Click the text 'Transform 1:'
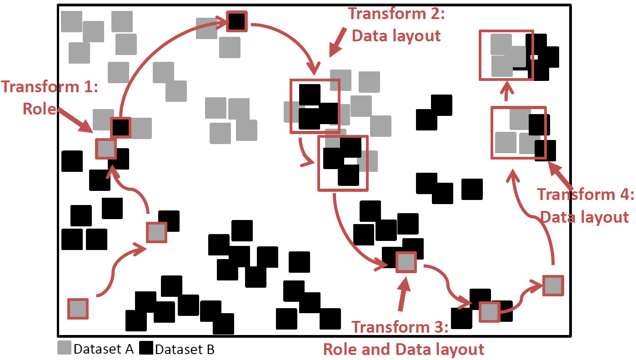tap(50, 86)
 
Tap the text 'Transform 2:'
tap(396, 14)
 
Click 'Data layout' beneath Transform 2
tap(396, 35)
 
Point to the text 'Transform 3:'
tap(400, 327)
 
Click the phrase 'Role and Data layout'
tap(404, 349)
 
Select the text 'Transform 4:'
tap(586, 195)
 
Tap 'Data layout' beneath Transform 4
tap(585, 217)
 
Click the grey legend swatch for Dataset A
tap(64, 348)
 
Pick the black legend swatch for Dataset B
tap(146, 348)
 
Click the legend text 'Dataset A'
tap(103, 349)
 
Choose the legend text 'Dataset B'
tap(185, 349)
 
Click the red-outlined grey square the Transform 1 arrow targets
tap(106, 149)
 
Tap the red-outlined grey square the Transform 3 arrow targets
tap(406, 262)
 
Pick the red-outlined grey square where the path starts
tap(78, 309)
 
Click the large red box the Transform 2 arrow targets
tap(315, 106)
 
